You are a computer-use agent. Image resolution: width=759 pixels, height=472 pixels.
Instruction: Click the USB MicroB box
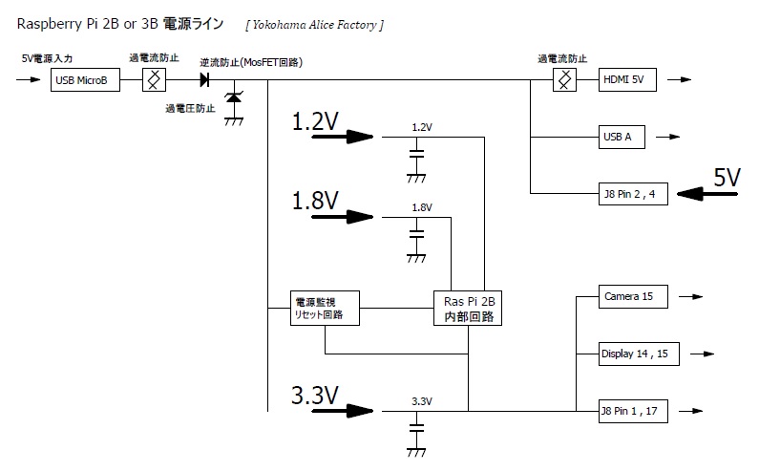tap(85, 81)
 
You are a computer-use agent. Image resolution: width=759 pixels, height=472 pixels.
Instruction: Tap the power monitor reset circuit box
tap(326, 308)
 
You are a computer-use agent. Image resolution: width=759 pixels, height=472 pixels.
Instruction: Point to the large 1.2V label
tap(315, 121)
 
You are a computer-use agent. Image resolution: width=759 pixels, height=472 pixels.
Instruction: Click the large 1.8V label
tap(315, 200)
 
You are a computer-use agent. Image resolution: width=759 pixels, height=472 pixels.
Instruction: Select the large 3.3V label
tap(315, 393)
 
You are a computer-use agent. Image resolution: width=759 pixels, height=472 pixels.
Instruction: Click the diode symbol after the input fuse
tap(204, 81)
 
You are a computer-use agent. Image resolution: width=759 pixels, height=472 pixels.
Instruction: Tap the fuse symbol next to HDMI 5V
tap(565, 81)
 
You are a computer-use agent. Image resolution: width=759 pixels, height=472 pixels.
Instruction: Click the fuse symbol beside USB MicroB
tap(152, 81)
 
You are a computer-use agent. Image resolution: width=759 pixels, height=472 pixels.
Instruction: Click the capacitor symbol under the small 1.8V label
tap(416, 233)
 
